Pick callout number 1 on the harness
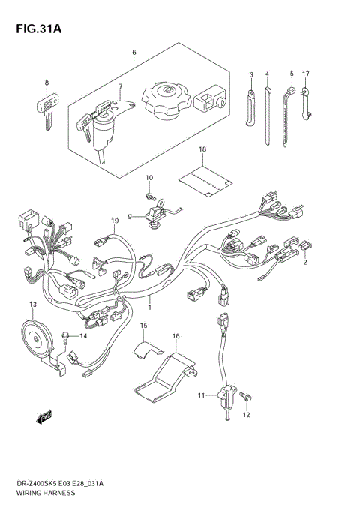click(x=149, y=307)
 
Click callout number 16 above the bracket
click(x=175, y=336)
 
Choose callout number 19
click(x=115, y=221)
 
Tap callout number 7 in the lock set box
click(x=119, y=86)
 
